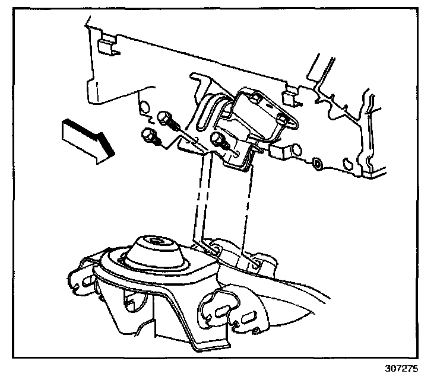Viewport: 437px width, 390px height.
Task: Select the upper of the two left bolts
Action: [x=167, y=121]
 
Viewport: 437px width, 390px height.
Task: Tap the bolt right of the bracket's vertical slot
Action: [x=220, y=141]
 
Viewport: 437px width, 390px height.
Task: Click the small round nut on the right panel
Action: [x=316, y=163]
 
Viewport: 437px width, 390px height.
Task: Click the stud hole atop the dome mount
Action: [x=156, y=241]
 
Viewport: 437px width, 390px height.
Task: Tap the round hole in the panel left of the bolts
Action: [x=144, y=107]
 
